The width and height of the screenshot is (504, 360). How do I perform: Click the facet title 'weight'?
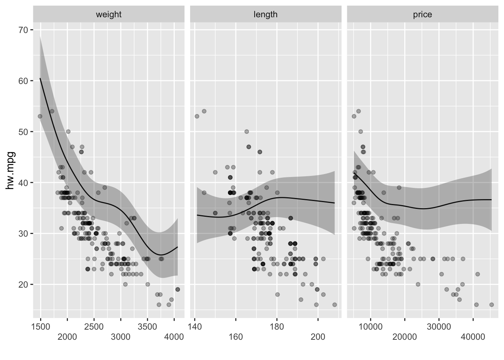pyautogui.click(x=109, y=15)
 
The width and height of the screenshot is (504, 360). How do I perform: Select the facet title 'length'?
pyautogui.click(x=265, y=15)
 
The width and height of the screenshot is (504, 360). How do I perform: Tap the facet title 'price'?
pyautogui.click(x=423, y=15)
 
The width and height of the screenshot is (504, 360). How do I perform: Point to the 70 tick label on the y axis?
pyautogui.click(x=23, y=30)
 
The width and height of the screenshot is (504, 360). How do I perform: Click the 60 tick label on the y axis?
pyautogui.click(x=23, y=81)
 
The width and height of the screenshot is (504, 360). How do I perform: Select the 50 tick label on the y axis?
pyautogui.click(x=23, y=132)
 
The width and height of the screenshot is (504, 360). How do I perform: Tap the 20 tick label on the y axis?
pyautogui.click(x=23, y=285)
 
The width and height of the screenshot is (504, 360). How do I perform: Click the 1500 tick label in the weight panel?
pyautogui.click(x=41, y=326)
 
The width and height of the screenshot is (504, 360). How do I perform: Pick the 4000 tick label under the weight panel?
pyautogui.click(x=174, y=337)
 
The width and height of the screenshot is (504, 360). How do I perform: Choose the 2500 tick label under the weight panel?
pyautogui.click(x=94, y=326)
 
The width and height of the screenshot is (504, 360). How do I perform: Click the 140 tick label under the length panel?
pyautogui.click(x=195, y=326)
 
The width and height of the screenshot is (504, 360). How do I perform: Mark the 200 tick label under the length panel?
pyautogui.click(x=318, y=337)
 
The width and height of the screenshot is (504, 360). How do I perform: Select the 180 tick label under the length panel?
pyautogui.click(x=277, y=326)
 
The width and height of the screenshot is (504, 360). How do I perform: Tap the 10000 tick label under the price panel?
pyautogui.click(x=370, y=326)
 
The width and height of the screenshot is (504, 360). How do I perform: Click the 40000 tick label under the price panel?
pyautogui.click(x=473, y=337)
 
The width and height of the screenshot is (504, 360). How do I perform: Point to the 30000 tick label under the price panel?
pyautogui.click(x=439, y=326)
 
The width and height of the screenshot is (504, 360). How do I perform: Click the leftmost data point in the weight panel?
pyautogui.click(x=40, y=116)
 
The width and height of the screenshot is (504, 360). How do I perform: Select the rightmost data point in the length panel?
pyautogui.click(x=334, y=305)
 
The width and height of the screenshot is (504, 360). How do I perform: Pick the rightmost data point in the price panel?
pyautogui.click(x=492, y=305)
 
